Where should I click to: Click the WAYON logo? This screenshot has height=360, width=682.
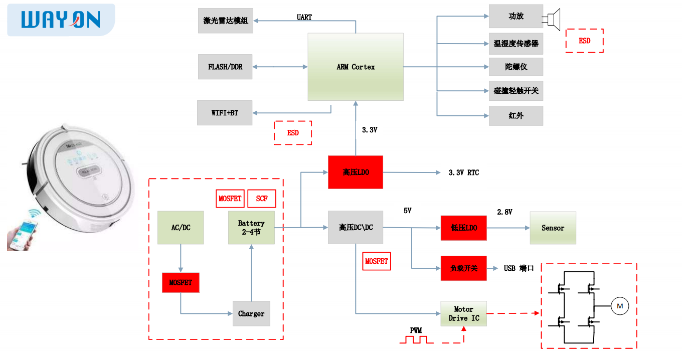tap(61, 20)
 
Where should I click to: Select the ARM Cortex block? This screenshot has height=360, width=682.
tap(356, 67)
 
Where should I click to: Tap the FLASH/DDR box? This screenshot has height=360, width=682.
tap(225, 67)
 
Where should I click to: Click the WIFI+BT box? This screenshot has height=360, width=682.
tap(225, 113)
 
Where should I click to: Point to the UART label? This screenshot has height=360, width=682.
tap(304, 17)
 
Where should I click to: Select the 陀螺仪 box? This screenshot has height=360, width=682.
tap(516, 67)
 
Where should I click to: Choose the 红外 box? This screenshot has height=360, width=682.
tap(516, 115)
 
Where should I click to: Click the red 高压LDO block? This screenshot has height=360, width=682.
tap(356, 172)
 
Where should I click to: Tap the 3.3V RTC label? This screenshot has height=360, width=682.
tap(463, 172)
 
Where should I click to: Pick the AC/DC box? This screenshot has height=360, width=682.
tap(181, 228)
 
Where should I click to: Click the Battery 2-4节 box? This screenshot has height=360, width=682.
tap(251, 228)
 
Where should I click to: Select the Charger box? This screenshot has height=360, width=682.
tap(251, 313)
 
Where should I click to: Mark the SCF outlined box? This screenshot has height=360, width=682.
tap(262, 199)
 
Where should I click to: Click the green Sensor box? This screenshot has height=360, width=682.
tap(553, 228)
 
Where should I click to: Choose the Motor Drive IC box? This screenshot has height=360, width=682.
tap(463, 313)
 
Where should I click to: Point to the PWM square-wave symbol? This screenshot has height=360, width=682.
tap(416, 339)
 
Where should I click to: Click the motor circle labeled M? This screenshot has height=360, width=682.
tap(619, 306)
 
